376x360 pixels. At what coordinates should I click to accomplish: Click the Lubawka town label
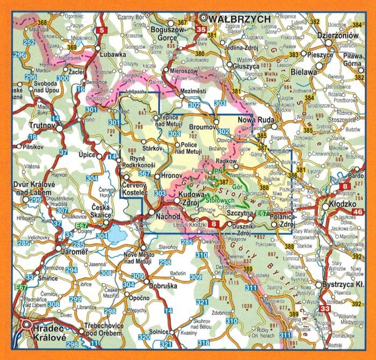pyautogui.click(x=111, y=54)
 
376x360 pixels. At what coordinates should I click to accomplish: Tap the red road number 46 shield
pyautogui.click(x=358, y=213)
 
